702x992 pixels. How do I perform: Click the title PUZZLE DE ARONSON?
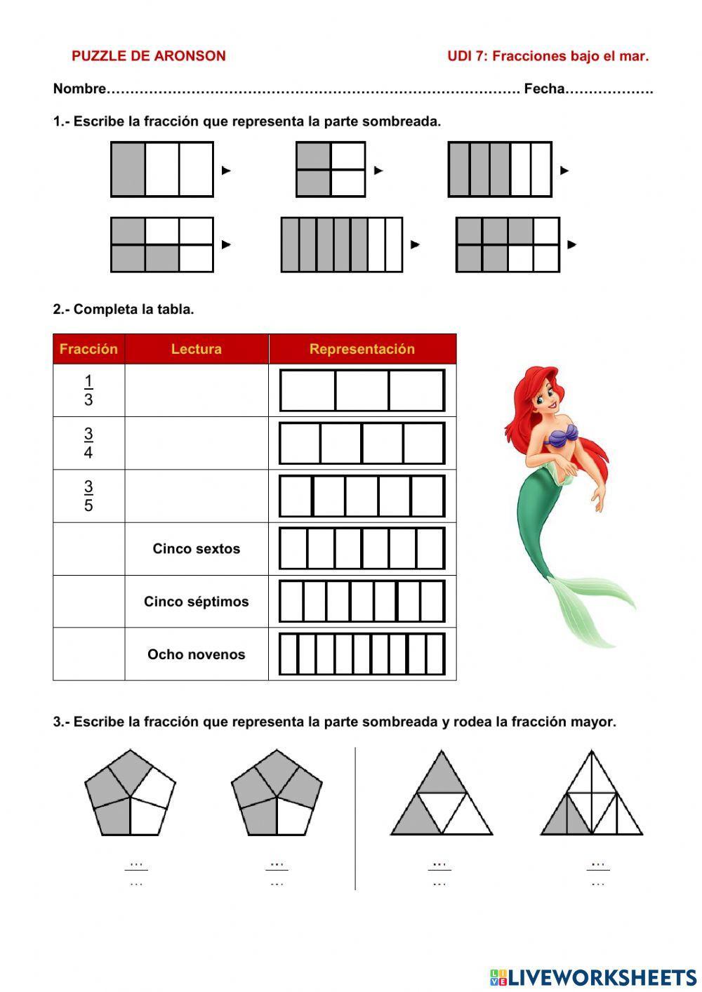148,56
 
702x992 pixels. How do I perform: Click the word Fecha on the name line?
544,89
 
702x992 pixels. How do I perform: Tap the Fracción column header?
88,349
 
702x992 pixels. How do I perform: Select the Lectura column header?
196,349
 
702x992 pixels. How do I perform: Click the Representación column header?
362,349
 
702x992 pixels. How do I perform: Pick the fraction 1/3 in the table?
88,390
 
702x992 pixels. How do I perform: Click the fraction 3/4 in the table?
88,443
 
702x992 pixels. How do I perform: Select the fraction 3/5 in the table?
88,496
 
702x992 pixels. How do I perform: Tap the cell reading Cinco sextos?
196,549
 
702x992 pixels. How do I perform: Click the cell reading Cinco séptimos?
196,602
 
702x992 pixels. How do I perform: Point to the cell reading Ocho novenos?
196,654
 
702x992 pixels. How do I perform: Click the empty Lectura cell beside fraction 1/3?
196,390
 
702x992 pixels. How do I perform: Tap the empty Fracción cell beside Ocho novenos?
88,654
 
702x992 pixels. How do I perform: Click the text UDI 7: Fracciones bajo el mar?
548,56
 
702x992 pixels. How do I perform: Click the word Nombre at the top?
79,89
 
